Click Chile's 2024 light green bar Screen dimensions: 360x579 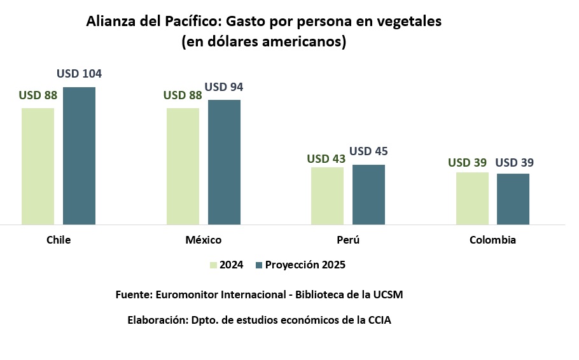click(x=38, y=166)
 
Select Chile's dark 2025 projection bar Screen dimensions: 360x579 click(x=79, y=156)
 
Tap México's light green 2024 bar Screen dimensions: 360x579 click(x=183, y=166)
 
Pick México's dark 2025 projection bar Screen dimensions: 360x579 click(x=224, y=162)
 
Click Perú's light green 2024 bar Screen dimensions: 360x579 click(x=327, y=196)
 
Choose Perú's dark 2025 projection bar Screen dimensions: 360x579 click(x=368, y=195)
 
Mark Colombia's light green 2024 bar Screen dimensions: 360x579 click(x=472, y=198)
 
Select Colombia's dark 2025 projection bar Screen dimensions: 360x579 click(x=513, y=199)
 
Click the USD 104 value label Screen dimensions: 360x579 click(x=79, y=74)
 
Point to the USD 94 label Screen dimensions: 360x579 click(x=223, y=87)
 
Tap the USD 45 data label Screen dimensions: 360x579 click(x=368, y=151)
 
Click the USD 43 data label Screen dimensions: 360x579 click(x=326, y=159)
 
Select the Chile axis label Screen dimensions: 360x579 click(x=59, y=240)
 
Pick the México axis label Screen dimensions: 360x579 click(x=204, y=240)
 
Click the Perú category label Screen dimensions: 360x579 click(x=348, y=240)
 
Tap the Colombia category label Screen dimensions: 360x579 click(x=492, y=240)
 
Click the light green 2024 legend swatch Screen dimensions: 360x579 click(x=213, y=265)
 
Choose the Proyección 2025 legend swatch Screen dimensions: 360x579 click(x=258, y=265)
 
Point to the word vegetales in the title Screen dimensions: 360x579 click(x=407, y=21)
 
